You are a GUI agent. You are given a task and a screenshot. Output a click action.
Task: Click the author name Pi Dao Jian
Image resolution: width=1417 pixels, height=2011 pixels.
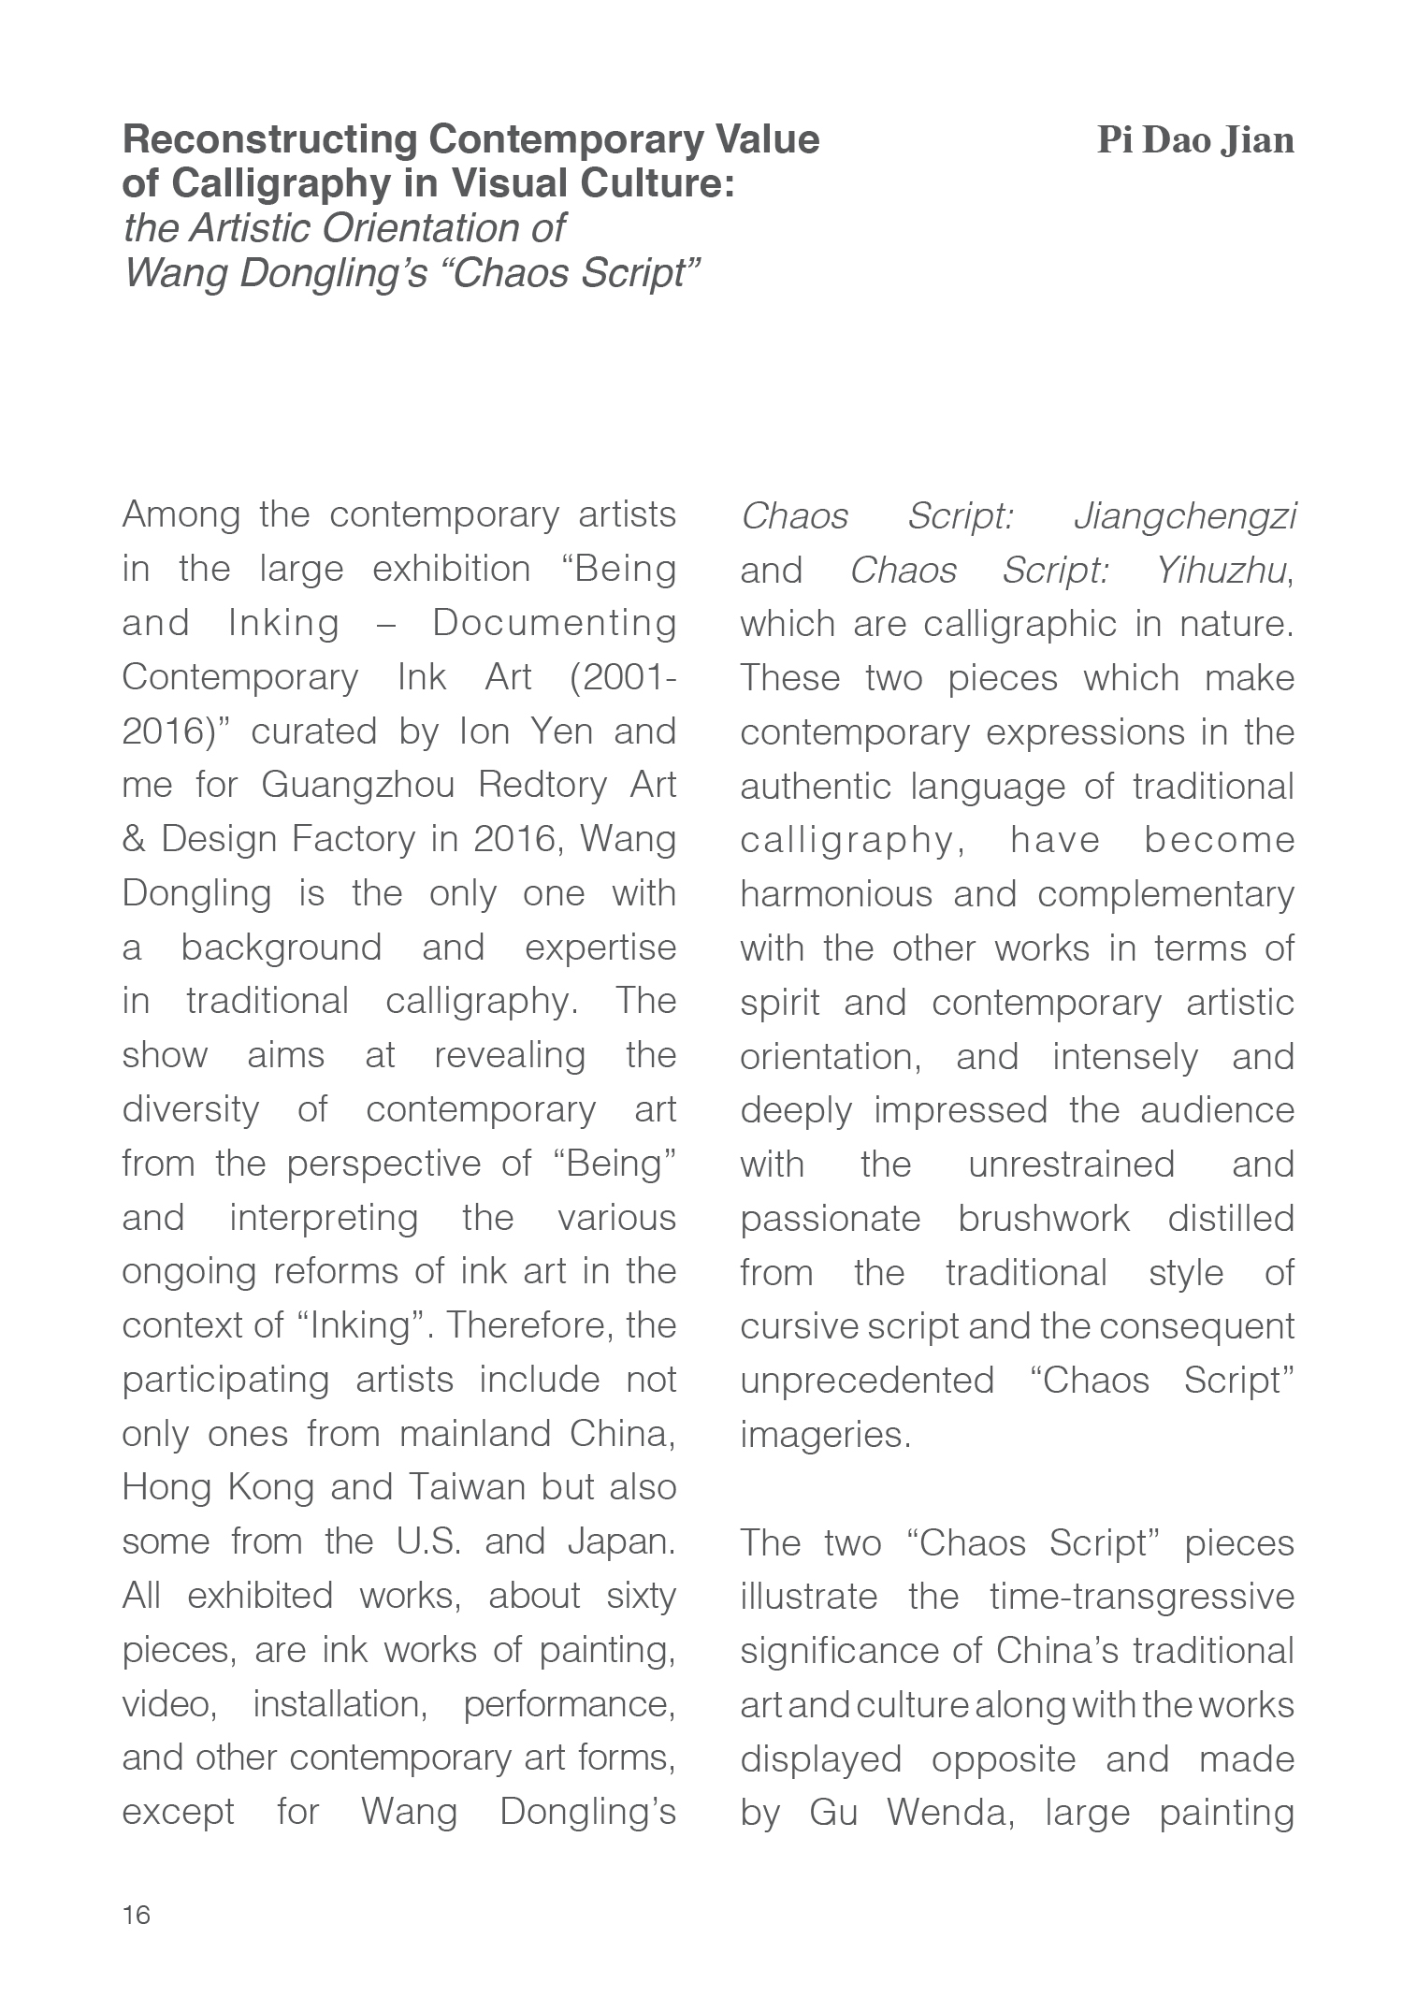pos(1195,140)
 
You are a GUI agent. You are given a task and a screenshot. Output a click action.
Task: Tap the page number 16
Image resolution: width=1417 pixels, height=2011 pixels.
pos(136,1915)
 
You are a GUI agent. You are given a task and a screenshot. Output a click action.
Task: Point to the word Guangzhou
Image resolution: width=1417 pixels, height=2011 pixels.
pos(357,784)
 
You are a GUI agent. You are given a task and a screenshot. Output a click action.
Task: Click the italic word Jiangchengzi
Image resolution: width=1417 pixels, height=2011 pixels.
pos(1185,515)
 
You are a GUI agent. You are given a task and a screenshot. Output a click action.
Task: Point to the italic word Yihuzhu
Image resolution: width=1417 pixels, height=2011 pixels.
pos(1222,570)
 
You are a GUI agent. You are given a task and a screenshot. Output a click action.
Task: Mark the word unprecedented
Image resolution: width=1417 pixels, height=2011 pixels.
pos(866,1381)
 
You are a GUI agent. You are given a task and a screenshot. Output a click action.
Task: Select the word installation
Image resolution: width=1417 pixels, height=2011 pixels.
pos(340,1704)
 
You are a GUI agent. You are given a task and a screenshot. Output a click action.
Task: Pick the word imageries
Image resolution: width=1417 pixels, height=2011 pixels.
pos(825,1434)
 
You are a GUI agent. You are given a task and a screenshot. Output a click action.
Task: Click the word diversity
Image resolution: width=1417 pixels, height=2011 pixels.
pos(190,1109)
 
